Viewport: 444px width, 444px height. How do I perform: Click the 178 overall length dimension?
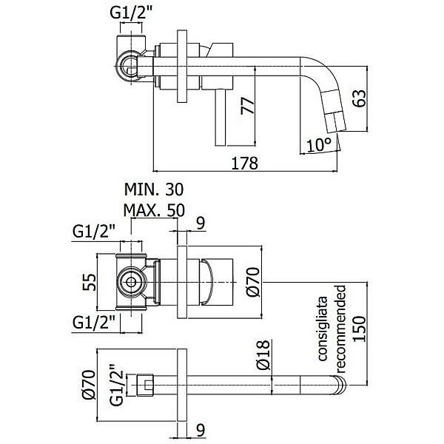pyautogui.click(x=245, y=163)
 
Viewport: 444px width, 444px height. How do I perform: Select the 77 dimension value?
pyautogui.click(x=248, y=106)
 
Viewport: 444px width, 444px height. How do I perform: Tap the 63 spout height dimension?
pyautogui.click(x=360, y=98)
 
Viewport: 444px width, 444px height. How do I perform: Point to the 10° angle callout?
pyautogui.click(x=318, y=145)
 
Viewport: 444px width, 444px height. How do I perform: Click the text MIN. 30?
pyautogui.click(x=154, y=189)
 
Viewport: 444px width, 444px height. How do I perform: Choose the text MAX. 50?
pyautogui.click(x=154, y=210)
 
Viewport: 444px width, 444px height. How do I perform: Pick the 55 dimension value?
pyautogui.click(x=90, y=282)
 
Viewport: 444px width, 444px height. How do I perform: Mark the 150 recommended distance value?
pyautogui.click(x=360, y=329)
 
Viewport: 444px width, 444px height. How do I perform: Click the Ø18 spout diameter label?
pyautogui.click(x=263, y=355)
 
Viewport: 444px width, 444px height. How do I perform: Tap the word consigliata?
pyautogui.click(x=323, y=329)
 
